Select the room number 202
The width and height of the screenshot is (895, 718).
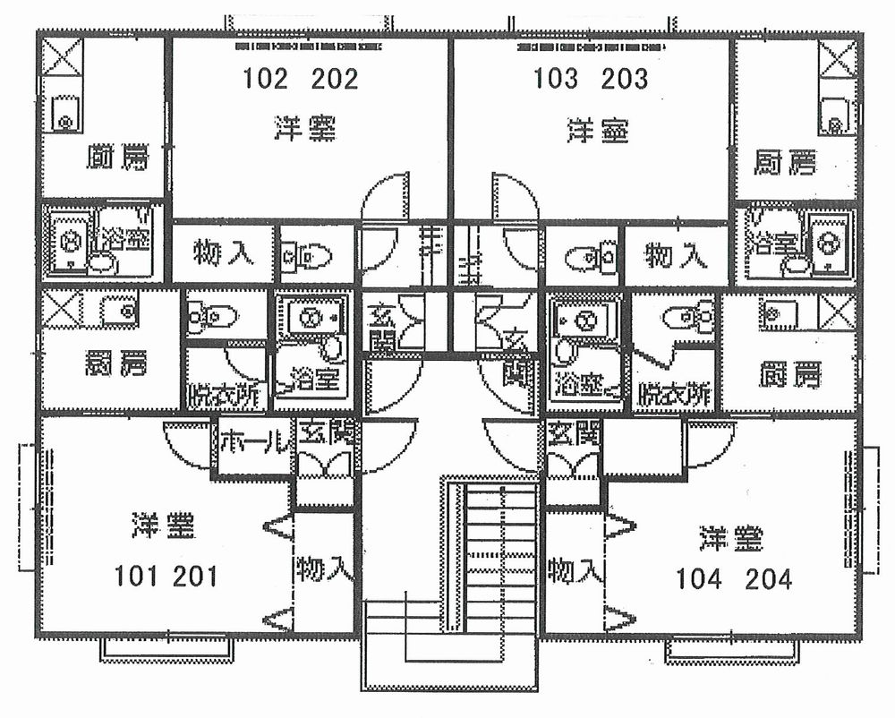tap(335, 80)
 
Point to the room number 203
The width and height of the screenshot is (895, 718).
tap(625, 80)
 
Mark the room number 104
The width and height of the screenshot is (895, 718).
tap(699, 579)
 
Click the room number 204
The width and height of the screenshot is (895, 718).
tap(768, 579)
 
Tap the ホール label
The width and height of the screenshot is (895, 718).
tap(254, 440)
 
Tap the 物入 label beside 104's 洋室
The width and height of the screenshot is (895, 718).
tap(572, 568)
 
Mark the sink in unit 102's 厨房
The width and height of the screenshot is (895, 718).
tap(64, 114)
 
